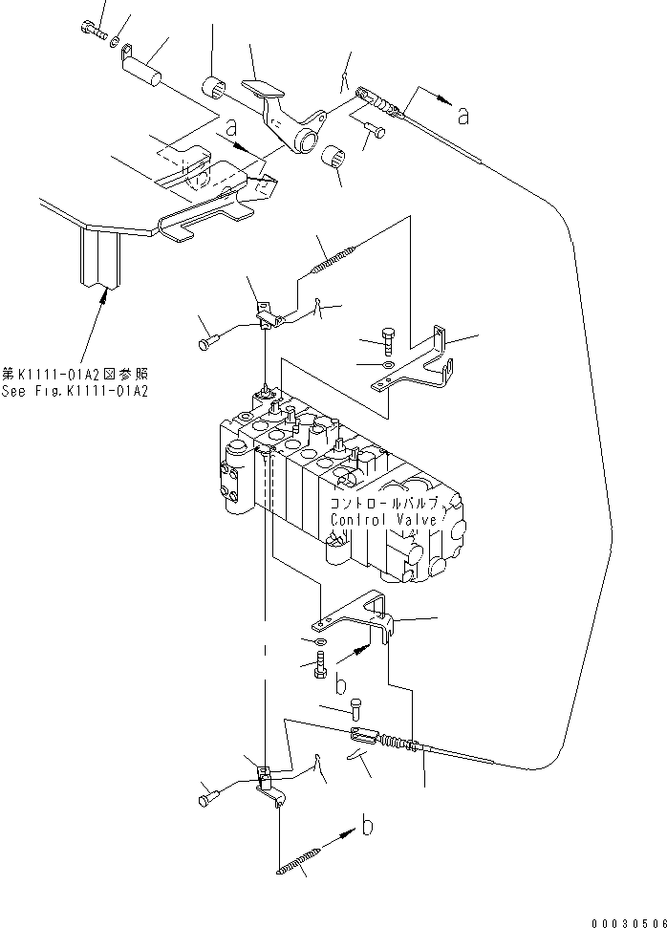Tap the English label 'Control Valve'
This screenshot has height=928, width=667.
coord(383,520)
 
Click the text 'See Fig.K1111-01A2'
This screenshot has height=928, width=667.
coord(75,391)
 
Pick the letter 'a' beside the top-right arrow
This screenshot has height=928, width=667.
coord(463,116)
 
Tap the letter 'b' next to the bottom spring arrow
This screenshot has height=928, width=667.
coord(367,825)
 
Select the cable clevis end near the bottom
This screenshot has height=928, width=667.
coord(362,735)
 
